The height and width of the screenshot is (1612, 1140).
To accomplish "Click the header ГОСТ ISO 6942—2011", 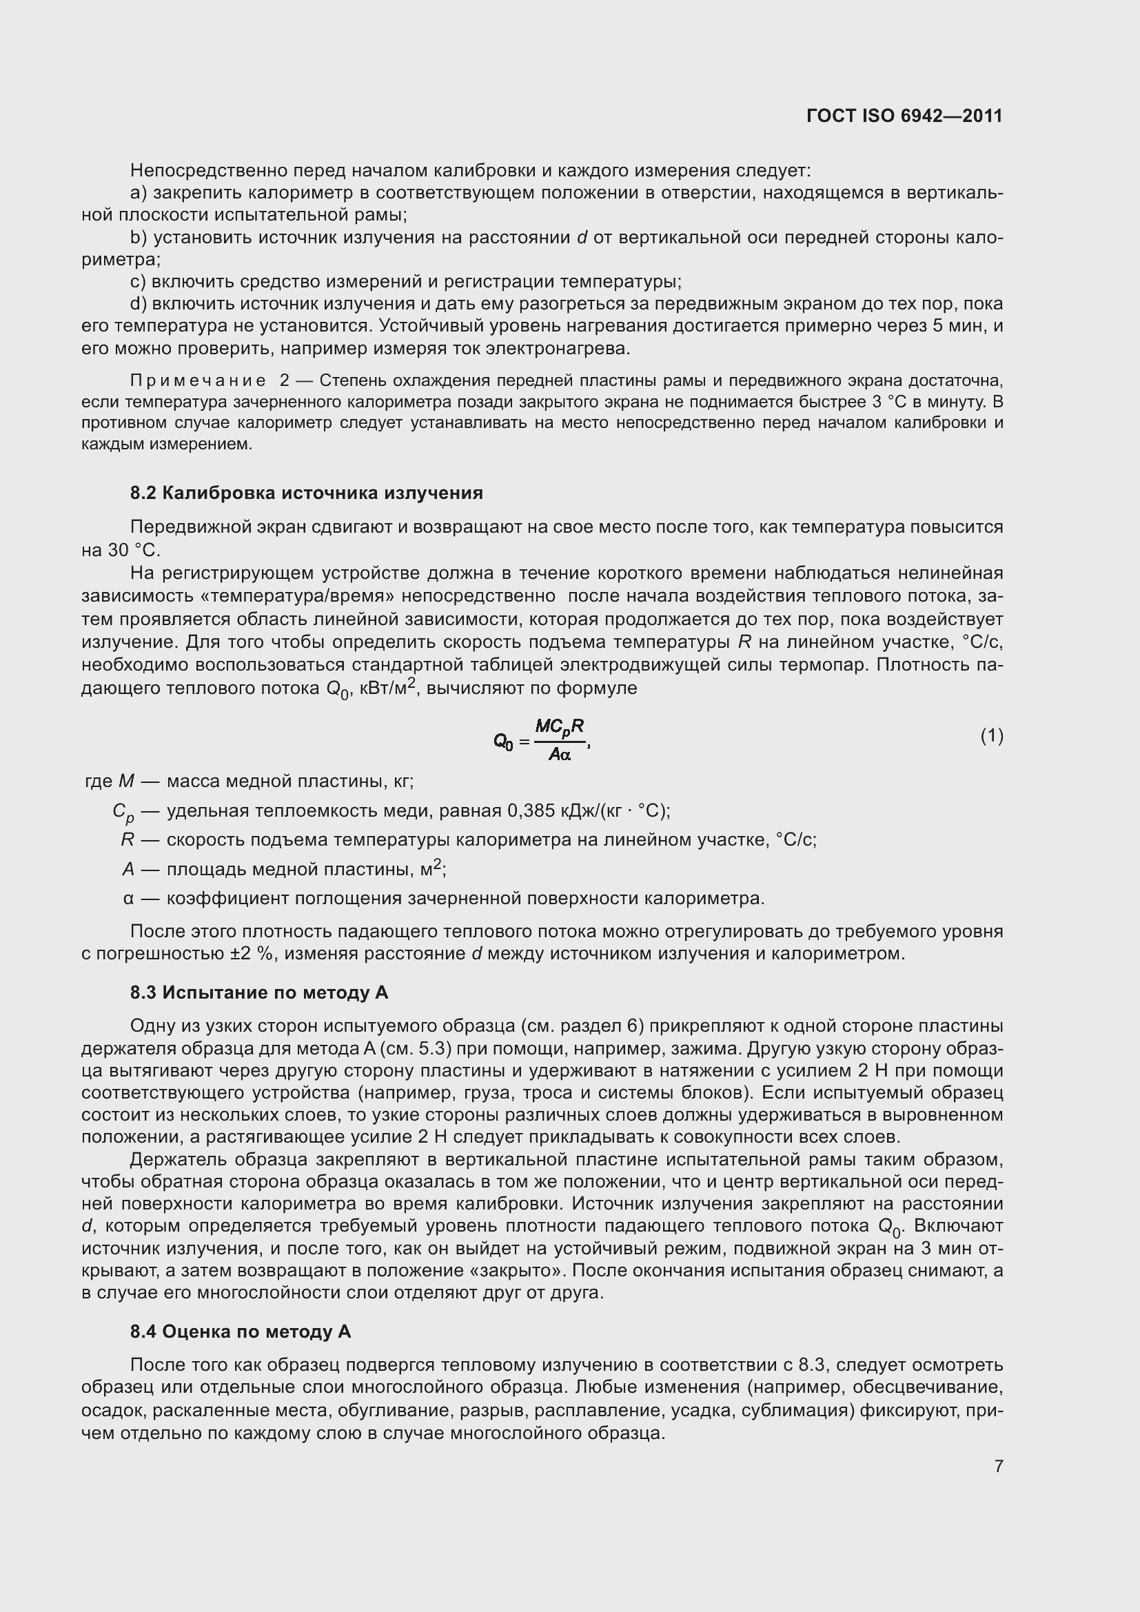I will coord(904,116).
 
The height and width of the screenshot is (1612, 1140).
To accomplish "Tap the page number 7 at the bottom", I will coord(998,1465).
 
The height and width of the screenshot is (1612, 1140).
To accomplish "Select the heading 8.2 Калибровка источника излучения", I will coord(306,493).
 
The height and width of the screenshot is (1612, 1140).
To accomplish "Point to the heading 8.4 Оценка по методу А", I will coord(240,1332).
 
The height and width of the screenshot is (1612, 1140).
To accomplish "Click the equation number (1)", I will coord(991,736).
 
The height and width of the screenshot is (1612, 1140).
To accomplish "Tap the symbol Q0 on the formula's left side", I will coord(503,741).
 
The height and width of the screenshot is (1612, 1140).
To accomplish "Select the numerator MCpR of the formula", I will coord(560,726).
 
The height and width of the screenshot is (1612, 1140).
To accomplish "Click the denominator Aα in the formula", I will coord(560,755).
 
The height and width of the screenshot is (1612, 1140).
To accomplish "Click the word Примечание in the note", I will coord(198,380).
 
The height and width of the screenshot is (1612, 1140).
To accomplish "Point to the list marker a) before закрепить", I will coord(139,192).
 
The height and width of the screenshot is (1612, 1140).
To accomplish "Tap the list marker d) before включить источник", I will coord(139,304).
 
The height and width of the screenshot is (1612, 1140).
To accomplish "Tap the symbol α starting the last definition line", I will coord(128,899).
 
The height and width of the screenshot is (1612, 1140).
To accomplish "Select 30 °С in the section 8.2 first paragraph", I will coord(134,551).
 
